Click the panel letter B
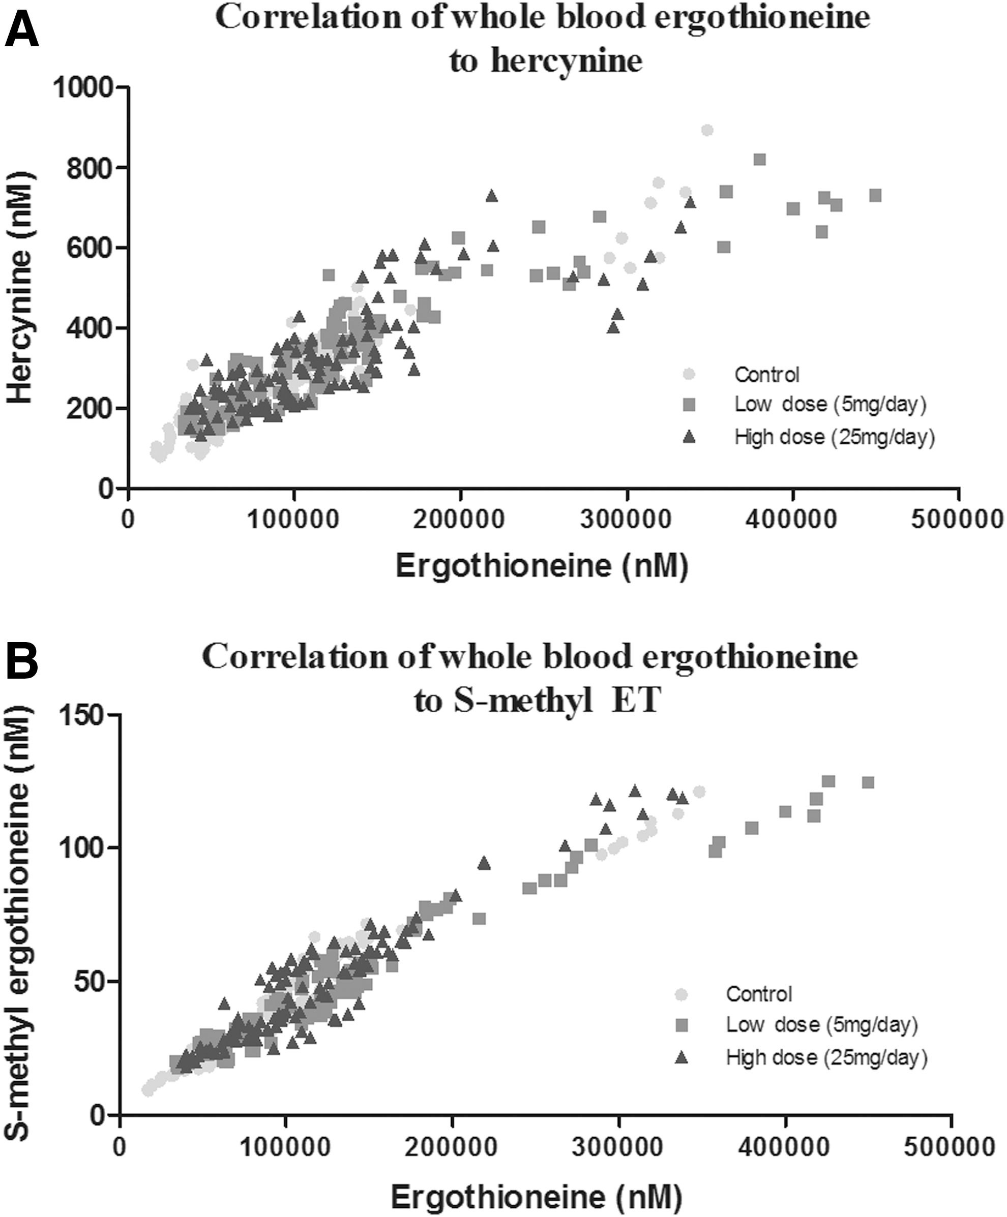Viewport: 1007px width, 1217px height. pyautogui.click(x=21, y=660)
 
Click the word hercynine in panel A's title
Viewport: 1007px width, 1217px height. pyautogui.click(x=567, y=60)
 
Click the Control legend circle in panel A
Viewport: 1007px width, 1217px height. pyautogui.click(x=689, y=374)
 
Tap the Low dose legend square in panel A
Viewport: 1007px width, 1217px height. pyautogui.click(x=689, y=405)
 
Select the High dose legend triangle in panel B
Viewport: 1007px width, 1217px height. pyautogui.click(x=682, y=1057)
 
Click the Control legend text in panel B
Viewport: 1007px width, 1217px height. pyautogui.click(x=759, y=994)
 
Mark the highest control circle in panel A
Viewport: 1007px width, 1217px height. pyautogui.click(x=707, y=130)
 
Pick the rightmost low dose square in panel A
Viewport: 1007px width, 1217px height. pyautogui.click(x=875, y=195)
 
